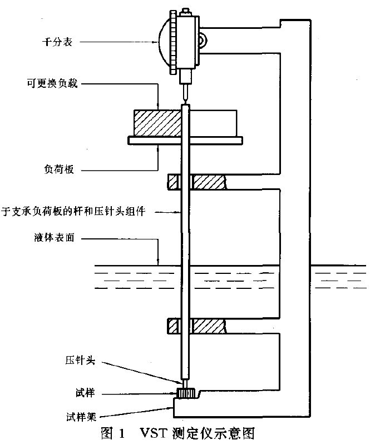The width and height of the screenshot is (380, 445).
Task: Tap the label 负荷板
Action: pos(58,169)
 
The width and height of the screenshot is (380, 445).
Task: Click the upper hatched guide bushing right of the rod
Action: pos(208,182)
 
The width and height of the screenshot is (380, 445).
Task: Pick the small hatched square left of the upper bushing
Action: pos(173,182)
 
